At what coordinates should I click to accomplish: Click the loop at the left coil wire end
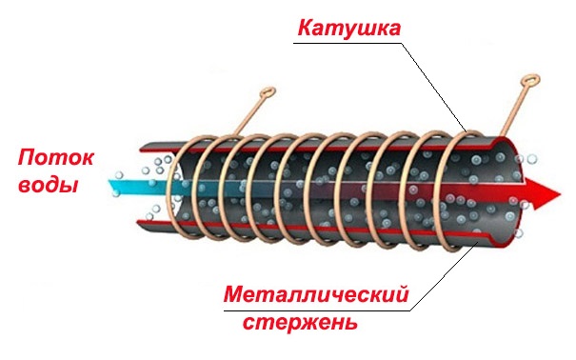[268, 94]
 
